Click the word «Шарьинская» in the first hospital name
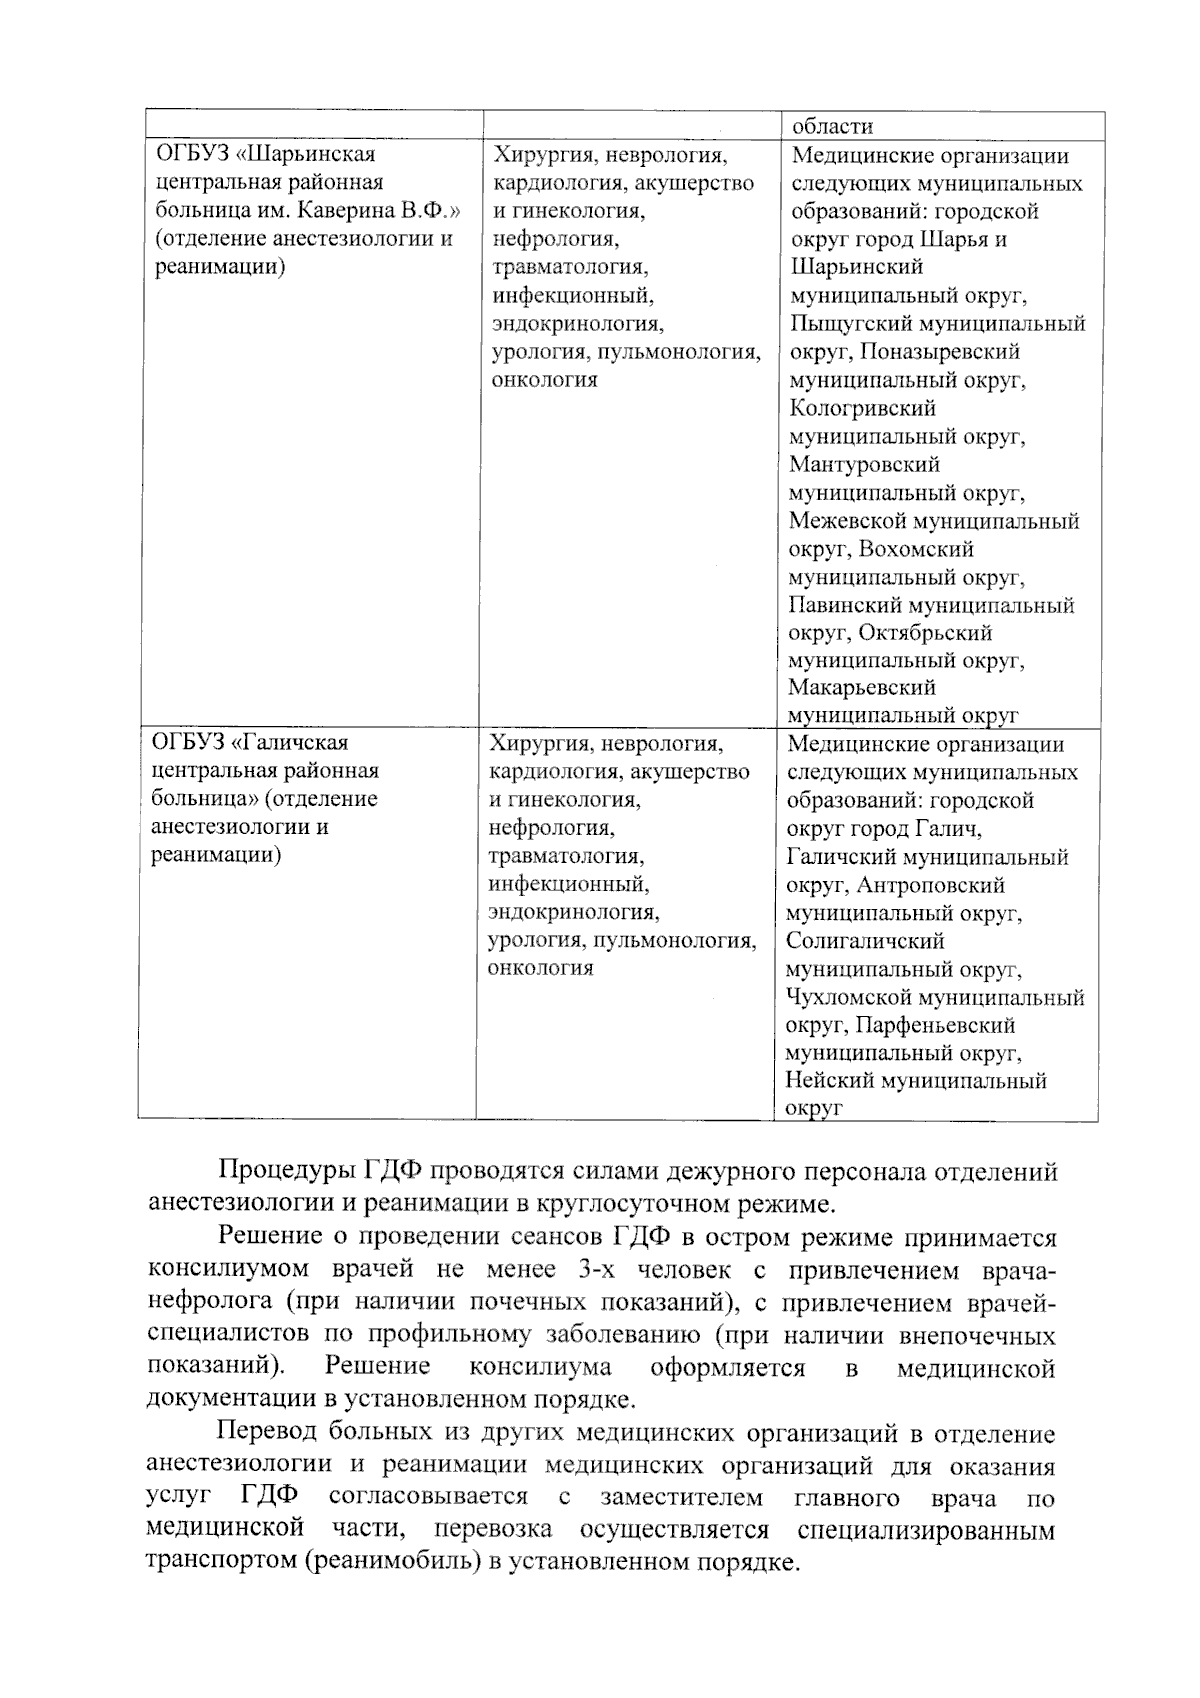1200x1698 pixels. (x=310, y=154)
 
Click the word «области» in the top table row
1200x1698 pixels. (x=832, y=126)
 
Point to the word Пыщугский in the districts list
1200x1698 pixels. (x=849, y=324)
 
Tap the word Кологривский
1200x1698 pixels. (x=862, y=408)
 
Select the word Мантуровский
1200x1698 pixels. (x=864, y=464)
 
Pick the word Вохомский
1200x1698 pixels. (x=915, y=549)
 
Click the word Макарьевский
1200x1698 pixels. (x=861, y=688)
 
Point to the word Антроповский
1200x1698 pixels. (x=930, y=885)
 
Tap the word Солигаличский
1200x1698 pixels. (x=864, y=941)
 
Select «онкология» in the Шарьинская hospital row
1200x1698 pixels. (x=544, y=380)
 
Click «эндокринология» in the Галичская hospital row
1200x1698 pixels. (x=573, y=912)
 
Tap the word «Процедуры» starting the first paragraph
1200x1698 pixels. (x=285, y=1171)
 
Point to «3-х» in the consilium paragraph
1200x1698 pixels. (x=599, y=1270)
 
